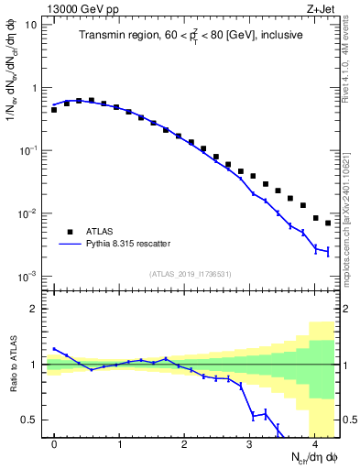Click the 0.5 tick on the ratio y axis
coord(32,420)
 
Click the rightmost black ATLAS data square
coord(328,223)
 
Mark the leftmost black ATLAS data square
coord(54,110)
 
